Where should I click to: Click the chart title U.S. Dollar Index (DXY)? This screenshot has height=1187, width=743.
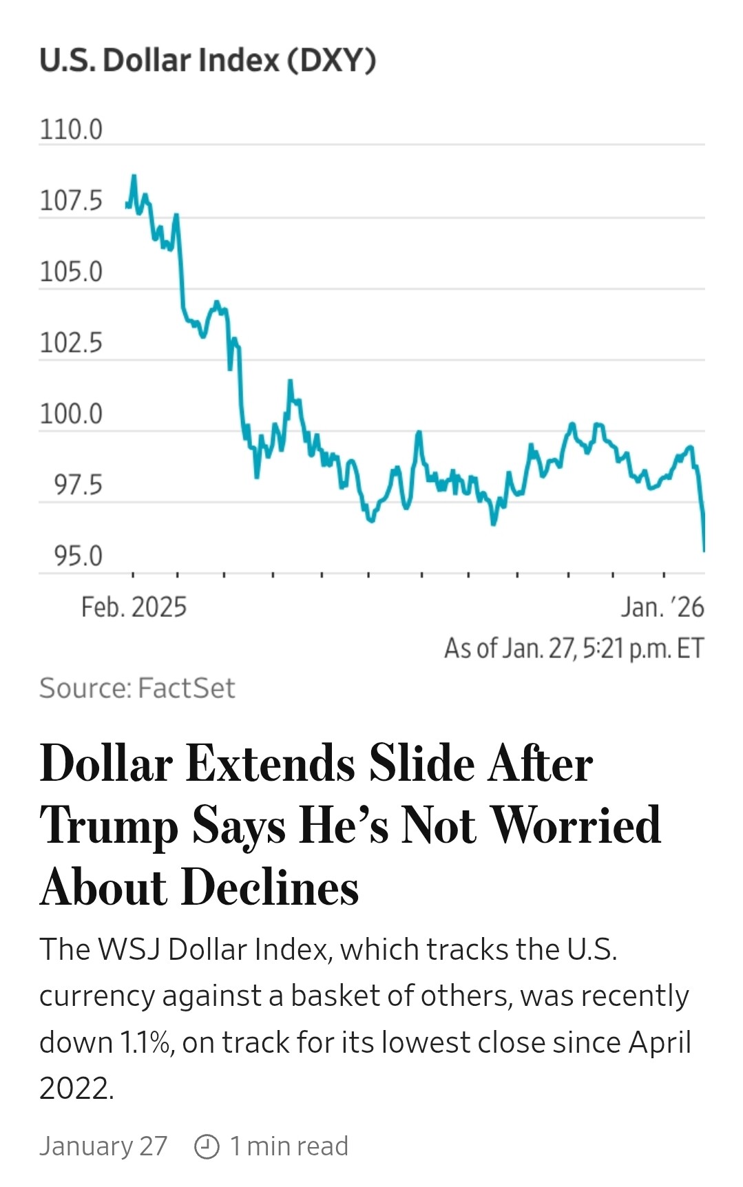[207, 61]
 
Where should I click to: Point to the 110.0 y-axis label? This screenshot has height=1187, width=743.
[71, 129]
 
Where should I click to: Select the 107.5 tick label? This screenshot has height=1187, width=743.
[71, 201]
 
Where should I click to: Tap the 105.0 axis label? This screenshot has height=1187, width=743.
[71, 271]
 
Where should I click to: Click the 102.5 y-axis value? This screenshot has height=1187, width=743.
[71, 342]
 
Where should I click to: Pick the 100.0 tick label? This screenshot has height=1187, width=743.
[71, 414]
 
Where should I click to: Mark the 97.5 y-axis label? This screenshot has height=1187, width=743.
[78, 485]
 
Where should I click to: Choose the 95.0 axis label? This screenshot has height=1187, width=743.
[78, 556]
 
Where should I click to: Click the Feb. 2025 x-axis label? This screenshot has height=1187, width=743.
[134, 607]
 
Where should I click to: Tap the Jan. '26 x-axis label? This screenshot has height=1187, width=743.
[662, 607]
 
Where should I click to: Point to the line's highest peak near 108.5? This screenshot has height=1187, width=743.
[134, 177]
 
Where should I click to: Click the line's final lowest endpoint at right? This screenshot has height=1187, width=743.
[704, 550]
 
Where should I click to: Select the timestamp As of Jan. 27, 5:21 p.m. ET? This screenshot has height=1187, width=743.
[574, 648]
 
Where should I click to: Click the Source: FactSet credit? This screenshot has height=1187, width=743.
[137, 688]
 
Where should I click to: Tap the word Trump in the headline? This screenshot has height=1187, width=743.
[108, 826]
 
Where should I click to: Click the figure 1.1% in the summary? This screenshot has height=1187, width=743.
[146, 1042]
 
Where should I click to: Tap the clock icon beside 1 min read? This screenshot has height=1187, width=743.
[207, 1146]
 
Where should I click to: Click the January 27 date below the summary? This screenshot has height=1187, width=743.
[103, 1146]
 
